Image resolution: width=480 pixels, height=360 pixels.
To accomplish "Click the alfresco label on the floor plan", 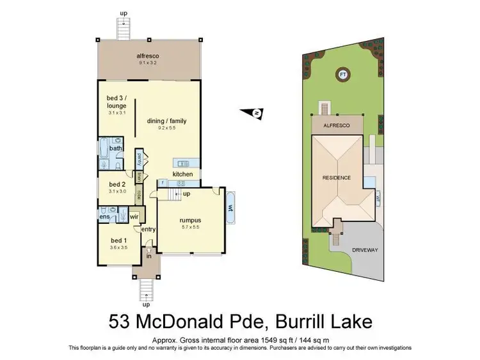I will click(x=148, y=56).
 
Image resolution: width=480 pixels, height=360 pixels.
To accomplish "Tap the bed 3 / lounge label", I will click(x=116, y=102).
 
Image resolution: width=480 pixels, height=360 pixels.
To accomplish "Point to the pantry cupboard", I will click(x=138, y=156).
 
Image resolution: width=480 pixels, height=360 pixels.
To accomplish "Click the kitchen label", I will click(x=182, y=174).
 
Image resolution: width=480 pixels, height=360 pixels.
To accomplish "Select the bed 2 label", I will click(x=116, y=184).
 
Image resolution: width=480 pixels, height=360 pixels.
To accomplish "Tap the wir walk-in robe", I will click(x=134, y=217).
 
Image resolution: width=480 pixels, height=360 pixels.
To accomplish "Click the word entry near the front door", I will click(x=148, y=230).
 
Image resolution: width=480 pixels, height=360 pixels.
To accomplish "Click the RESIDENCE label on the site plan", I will click(x=337, y=177).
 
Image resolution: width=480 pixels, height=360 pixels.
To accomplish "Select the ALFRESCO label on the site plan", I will click(x=337, y=126).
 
